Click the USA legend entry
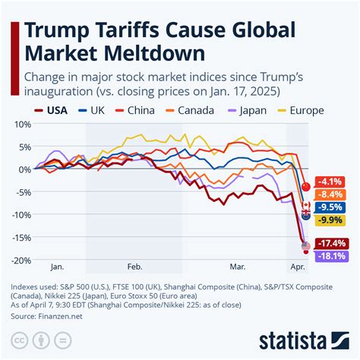(x=51, y=110)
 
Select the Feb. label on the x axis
(x=134, y=267)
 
